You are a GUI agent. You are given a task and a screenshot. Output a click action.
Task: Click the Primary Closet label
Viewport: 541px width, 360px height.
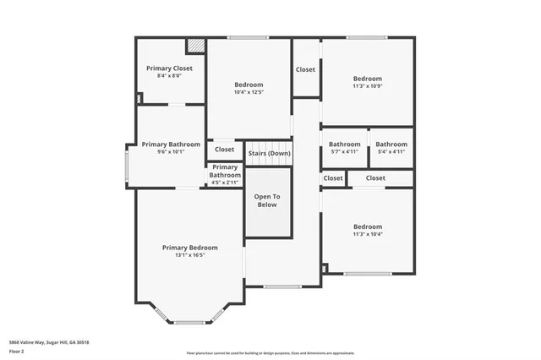click(x=169, y=68)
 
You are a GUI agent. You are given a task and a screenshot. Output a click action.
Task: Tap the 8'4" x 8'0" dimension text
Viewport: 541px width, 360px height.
click(x=169, y=76)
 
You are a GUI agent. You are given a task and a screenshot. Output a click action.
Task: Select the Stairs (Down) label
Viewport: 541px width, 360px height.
click(x=268, y=153)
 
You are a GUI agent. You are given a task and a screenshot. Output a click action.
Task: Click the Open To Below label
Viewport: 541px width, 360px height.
click(x=267, y=200)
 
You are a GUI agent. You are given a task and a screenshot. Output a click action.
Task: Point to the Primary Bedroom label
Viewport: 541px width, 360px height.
click(x=189, y=248)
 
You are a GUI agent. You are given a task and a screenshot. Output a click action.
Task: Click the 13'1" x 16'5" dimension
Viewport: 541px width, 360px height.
click(x=189, y=255)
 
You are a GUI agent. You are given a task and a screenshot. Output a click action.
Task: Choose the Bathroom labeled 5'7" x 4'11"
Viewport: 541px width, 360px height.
click(x=344, y=145)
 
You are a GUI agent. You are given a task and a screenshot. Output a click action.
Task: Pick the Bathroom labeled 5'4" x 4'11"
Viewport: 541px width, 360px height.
click(x=391, y=145)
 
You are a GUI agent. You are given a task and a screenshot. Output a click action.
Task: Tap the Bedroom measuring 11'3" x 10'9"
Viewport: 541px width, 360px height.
click(x=368, y=79)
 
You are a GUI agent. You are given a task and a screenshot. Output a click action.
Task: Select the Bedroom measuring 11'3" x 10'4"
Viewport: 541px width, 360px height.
click(x=368, y=226)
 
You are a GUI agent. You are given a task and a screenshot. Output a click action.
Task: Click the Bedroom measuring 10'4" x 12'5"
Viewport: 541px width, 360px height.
click(x=249, y=85)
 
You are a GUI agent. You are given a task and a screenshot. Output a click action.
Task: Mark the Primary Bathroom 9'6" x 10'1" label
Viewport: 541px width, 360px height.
click(x=171, y=145)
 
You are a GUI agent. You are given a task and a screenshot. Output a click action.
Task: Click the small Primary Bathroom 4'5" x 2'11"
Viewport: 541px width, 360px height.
click(x=225, y=172)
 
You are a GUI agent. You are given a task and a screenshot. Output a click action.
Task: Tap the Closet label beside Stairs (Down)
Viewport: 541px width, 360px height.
click(x=225, y=150)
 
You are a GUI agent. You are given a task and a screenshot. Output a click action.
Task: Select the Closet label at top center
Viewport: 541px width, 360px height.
click(x=305, y=69)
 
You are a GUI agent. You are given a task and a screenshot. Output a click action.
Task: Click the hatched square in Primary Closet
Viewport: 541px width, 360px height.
click(x=195, y=45)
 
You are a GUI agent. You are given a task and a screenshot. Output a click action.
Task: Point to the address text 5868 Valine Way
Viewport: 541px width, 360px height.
click(x=49, y=342)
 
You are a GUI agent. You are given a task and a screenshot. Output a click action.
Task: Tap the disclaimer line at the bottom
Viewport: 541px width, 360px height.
click(x=270, y=353)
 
